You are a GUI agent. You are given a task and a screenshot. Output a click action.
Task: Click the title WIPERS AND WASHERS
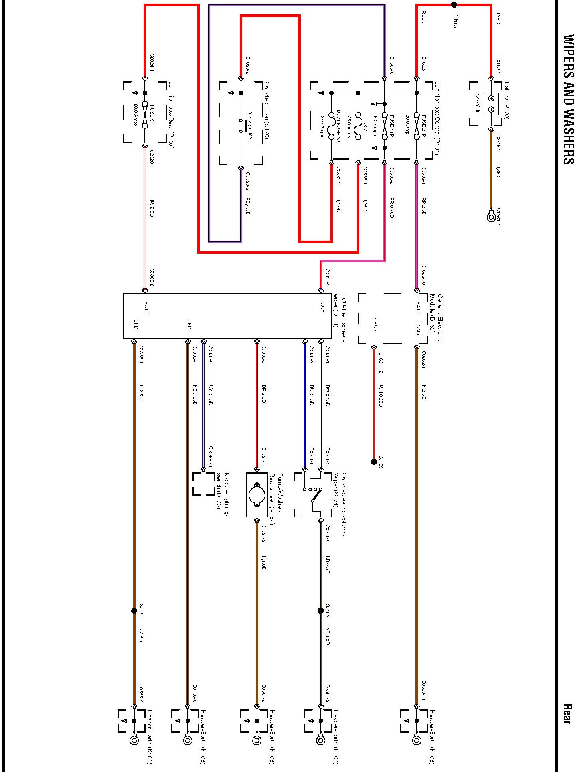568,99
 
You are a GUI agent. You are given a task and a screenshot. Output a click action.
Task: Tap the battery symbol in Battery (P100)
491,104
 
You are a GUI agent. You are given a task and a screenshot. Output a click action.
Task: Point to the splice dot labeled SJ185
454,5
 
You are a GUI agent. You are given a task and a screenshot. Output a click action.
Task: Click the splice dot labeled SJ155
374,462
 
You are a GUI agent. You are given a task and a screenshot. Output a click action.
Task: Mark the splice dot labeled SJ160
134,611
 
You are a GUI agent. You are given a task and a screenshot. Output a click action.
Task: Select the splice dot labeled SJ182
320,611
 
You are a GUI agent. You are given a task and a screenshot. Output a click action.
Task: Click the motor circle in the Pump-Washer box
257,495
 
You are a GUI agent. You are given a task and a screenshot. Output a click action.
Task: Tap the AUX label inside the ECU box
322,308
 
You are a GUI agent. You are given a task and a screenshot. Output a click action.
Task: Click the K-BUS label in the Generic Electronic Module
375,324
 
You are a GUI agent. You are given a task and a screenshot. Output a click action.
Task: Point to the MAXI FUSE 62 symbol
331,126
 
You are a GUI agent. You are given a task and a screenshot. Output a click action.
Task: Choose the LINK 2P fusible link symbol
358,126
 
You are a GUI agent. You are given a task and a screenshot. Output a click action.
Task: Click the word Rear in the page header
567,714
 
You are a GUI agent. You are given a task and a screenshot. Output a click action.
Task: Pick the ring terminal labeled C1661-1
491,217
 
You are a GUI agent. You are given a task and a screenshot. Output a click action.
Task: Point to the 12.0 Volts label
477,104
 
